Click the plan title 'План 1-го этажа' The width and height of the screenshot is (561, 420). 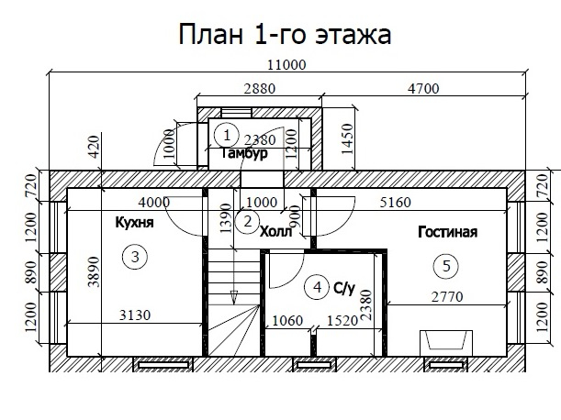pos(285,34)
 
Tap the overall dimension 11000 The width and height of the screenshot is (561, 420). pos(287,65)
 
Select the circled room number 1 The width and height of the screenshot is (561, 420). pos(227,136)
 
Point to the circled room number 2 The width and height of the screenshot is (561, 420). pos(248,222)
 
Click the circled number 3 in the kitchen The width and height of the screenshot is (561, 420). pos(135,257)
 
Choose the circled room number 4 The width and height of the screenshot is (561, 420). pos(317,287)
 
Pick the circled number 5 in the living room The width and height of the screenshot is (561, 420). pos(446,266)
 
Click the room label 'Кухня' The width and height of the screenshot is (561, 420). pos(135,222)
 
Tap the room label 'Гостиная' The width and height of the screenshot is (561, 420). pos(447,232)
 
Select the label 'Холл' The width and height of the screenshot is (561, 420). pos(275,232)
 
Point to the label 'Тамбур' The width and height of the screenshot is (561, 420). pos(245,153)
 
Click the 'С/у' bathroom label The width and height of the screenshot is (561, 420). pos(344,288)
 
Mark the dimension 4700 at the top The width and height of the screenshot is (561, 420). pos(423,89)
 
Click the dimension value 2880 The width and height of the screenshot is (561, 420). pos(260,89)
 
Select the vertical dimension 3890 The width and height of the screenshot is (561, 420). pos(94,271)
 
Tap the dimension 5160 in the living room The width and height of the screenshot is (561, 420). pos(396,203)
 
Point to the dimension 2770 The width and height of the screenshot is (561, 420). pos(447,297)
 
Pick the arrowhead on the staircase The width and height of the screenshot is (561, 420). pos(234,297)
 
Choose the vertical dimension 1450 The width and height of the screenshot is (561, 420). pos(347,139)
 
